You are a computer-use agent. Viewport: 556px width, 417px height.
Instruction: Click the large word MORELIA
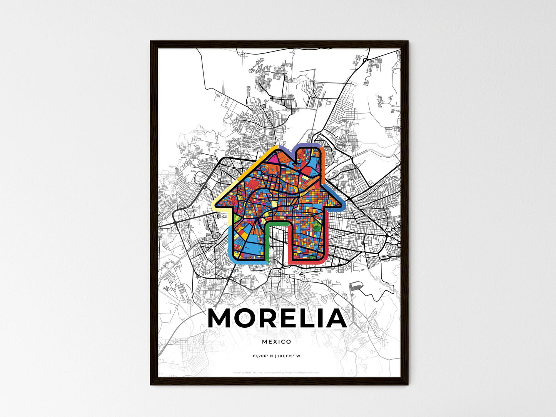[277, 319]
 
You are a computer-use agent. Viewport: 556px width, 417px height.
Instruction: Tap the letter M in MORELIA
[221, 319]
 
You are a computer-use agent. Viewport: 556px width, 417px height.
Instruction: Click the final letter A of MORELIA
[336, 319]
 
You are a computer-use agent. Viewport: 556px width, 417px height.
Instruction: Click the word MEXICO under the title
[277, 342]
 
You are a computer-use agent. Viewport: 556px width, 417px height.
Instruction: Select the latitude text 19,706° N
[263, 356]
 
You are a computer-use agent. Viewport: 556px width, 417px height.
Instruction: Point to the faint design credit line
[277, 372]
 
